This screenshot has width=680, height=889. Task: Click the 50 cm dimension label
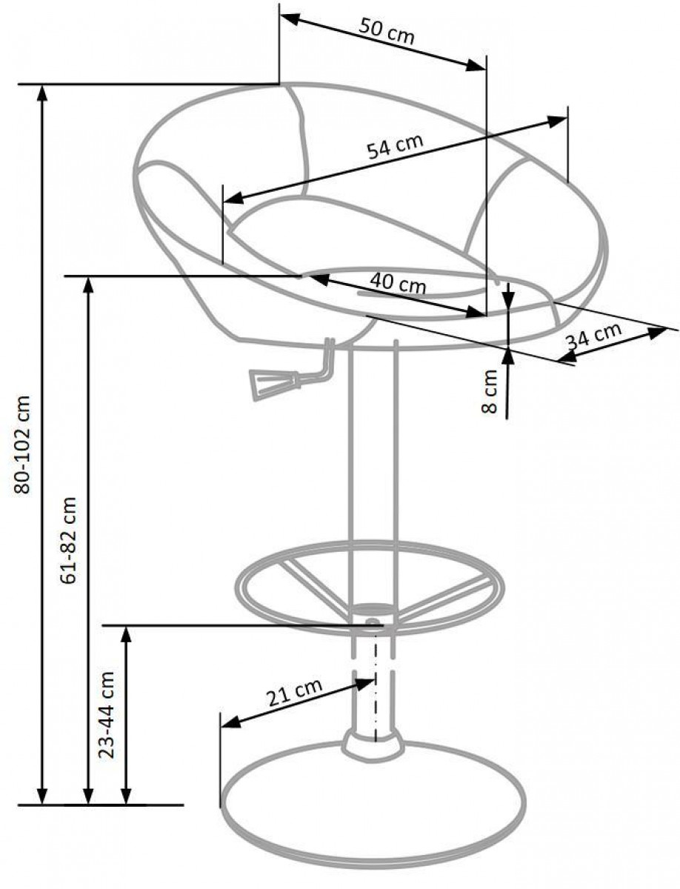[x=387, y=33]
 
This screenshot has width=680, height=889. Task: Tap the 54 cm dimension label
[x=395, y=145]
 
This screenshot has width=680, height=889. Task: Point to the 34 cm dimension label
[x=594, y=336]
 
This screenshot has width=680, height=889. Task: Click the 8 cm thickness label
[x=489, y=391]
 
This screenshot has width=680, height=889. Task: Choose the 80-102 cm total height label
[x=22, y=444]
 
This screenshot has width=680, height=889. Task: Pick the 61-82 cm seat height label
[x=68, y=540]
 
